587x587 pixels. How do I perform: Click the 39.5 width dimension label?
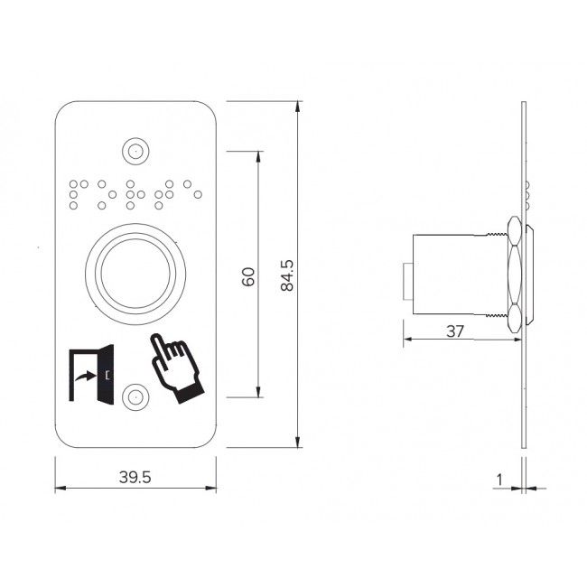click(x=135, y=478)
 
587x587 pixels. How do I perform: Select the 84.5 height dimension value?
click(x=287, y=276)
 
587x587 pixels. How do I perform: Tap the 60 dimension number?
click(x=248, y=276)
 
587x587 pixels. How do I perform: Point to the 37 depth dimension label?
click(x=455, y=331)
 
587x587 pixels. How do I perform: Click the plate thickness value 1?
click(x=499, y=480)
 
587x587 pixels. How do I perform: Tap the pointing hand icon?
click(x=177, y=368)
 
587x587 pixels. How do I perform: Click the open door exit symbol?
click(x=91, y=375)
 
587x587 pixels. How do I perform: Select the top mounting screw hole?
click(x=135, y=152)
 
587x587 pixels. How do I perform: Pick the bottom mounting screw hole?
click(x=135, y=396)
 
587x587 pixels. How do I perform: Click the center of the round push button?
click(x=135, y=274)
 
